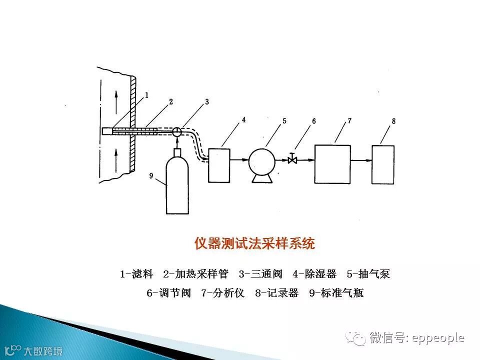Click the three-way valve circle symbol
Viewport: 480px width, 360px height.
pos(177,131)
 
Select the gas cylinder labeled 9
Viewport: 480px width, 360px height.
pos(177,182)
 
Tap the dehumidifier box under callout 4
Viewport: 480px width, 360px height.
pos(218,164)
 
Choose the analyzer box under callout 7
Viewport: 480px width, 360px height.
pos(332,163)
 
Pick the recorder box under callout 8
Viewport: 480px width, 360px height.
pos(383,163)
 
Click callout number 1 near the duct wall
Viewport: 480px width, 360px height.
pos(147,94)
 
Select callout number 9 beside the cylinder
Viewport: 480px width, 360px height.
pos(151,175)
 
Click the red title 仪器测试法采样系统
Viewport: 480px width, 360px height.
pos(254,243)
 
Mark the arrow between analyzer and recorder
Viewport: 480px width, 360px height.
pos(361,160)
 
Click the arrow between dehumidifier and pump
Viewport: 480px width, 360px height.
pos(239,160)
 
